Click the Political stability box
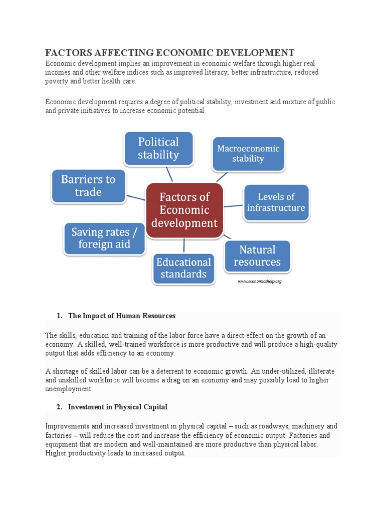pos(158,149)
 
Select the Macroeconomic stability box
pos(248,154)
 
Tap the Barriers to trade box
pos(88,186)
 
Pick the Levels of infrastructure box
pos(276,203)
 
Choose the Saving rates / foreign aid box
pos(104,238)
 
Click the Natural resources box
pos(257,256)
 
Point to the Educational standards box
pos(183,269)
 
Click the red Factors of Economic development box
pos(184,210)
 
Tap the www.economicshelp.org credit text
pos(259,282)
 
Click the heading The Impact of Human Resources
pos(122,316)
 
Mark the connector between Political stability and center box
pos(169,174)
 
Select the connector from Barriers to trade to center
pos(135,197)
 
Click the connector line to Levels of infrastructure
pos(233,205)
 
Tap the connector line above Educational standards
pos(184,245)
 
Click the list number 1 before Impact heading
pos(59,316)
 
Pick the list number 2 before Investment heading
pos(59,407)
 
